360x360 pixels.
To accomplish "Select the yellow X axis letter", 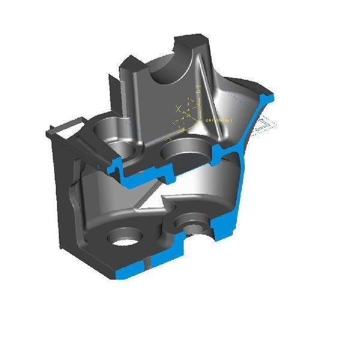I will click(178, 109).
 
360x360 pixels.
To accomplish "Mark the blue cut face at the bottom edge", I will click(129, 272).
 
